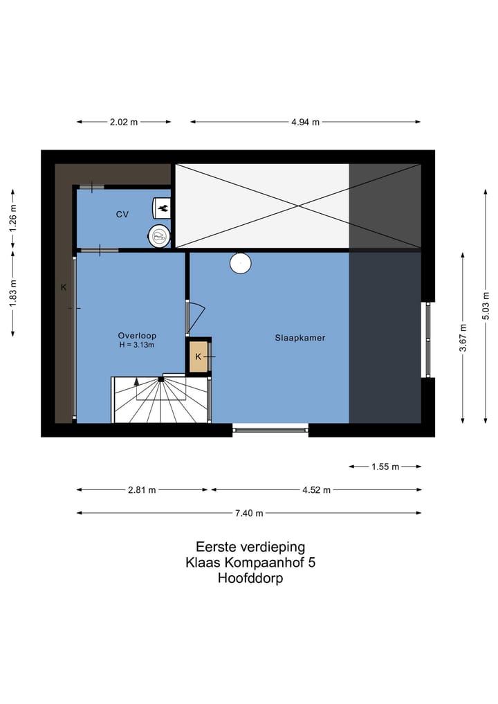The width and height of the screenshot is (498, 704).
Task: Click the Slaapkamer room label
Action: coord(299,338)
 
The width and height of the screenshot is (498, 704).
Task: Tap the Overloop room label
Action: coord(137,336)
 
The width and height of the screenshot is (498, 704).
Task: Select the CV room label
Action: coord(122,215)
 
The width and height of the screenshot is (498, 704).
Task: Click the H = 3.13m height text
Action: coord(137,345)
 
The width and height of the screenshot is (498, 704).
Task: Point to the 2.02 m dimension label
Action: coord(124,122)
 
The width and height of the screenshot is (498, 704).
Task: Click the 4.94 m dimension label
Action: coord(305,122)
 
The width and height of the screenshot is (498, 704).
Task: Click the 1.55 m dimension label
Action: coord(385,467)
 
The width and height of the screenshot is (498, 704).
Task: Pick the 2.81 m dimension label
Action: coord(142,490)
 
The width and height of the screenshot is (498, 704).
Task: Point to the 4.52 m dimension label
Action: coord(316,490)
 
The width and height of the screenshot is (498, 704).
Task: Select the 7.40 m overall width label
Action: coord(249,514)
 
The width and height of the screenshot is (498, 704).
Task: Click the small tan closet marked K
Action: coord(198,356)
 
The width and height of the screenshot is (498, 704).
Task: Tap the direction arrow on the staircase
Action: coord(136,381)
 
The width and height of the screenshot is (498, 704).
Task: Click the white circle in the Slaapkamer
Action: coord(240,263)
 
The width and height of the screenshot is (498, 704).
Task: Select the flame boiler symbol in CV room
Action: coord(162,206)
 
